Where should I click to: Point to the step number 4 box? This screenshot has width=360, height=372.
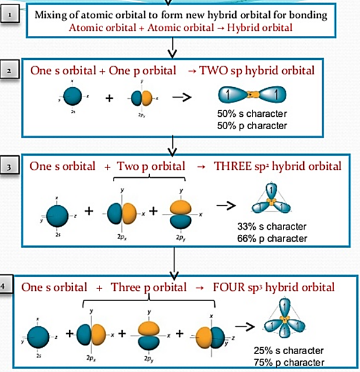point(7,287)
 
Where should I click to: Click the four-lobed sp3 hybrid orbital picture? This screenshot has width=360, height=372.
point(285,320)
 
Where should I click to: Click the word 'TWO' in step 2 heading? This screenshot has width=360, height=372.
point(212,70)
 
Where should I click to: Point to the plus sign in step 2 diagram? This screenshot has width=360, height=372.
point(109,98)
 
